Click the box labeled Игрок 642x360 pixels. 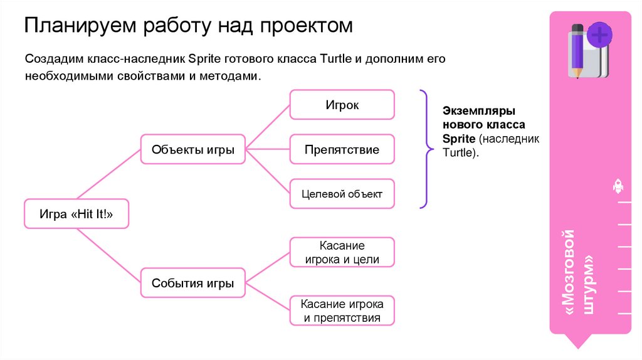tap(342, 105)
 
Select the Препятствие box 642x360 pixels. tap(342, 150)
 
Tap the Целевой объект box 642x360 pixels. tap(342, 194)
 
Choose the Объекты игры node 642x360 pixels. tap(193, 150)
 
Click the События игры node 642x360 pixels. tap(193, 283)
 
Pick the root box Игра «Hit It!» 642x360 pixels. tap(76, 214)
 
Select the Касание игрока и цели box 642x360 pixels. tap(342, 252)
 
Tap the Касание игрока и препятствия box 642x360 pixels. tap(342, 310)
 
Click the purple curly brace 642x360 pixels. tap(424, 149)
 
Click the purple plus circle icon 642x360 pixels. tap(599, 34)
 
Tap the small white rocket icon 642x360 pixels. tap(618, 186)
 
